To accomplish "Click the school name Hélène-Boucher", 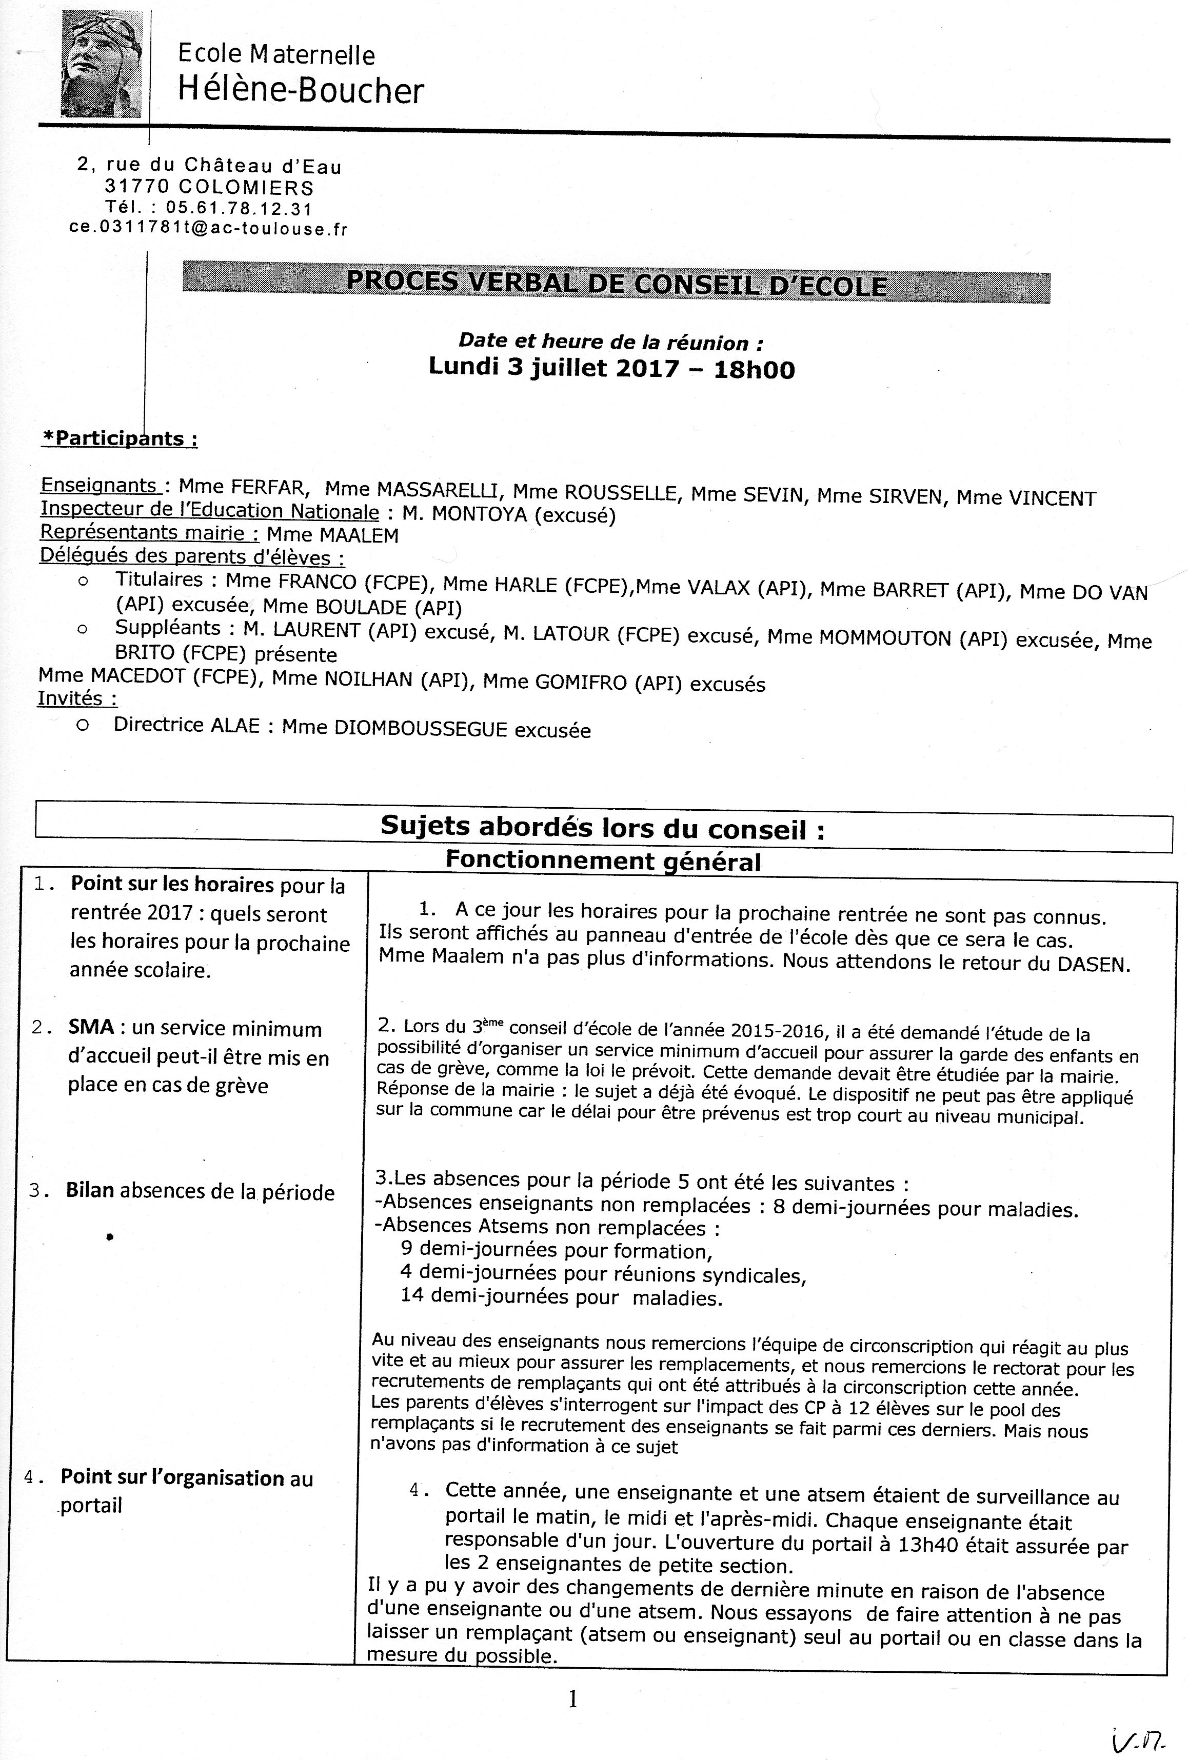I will [x=300, y=91].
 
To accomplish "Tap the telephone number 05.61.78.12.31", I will [x=239, y=208].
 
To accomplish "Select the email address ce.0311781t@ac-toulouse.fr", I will [x=208, y=228].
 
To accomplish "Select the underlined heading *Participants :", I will [x=120, y=438].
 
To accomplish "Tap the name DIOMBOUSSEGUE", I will [x=421, y=729].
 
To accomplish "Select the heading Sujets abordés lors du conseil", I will [x=602, y=827].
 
